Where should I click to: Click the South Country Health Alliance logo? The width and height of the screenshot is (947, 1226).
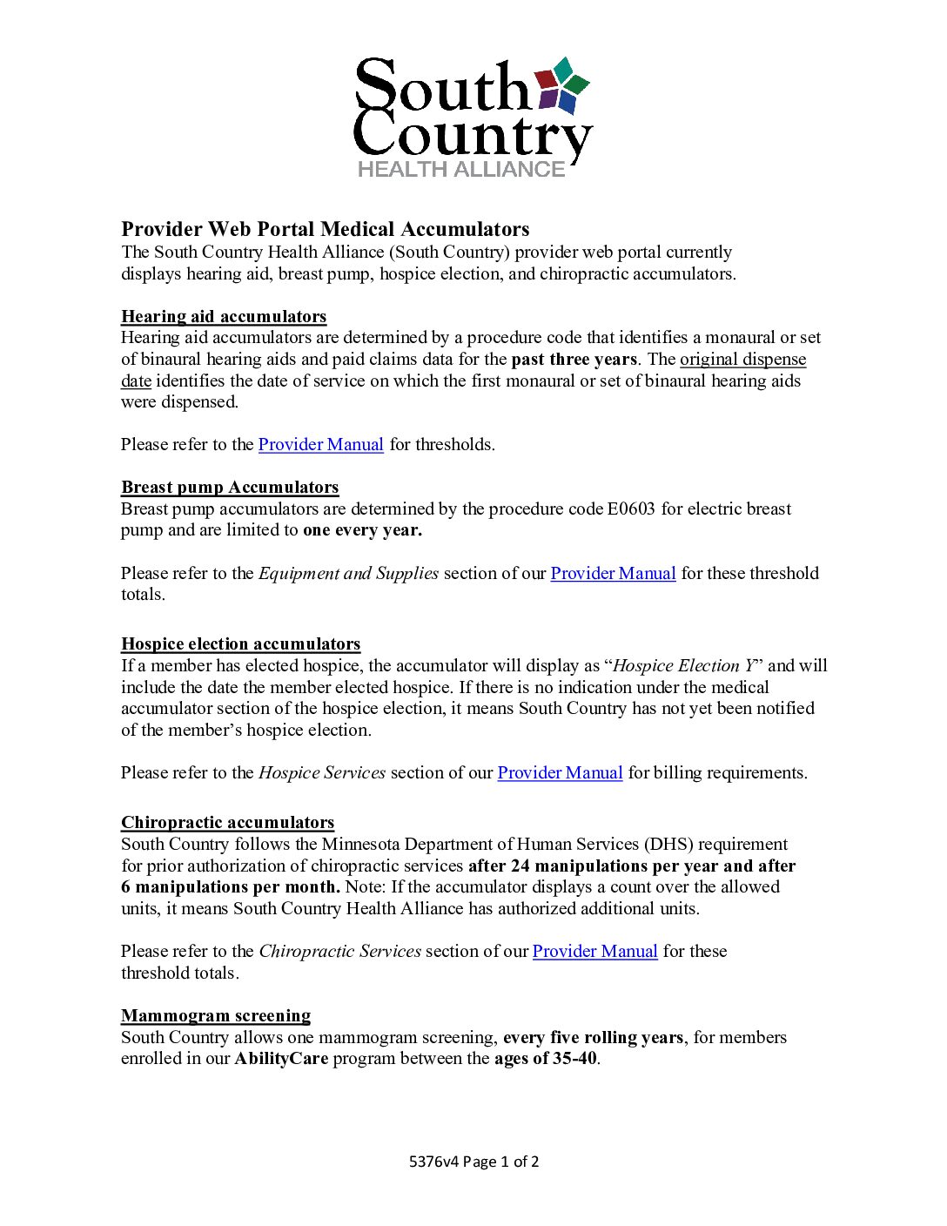tap(473, 118)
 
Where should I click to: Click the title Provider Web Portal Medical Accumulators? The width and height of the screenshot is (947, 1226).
tap(325, 229)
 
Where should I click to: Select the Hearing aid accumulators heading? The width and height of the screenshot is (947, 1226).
tap(224, 316)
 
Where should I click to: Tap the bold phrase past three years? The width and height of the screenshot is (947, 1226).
tap(574, 359)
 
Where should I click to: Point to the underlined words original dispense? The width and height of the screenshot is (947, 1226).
tap(742, 359)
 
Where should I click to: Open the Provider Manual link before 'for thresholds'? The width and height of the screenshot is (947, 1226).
tap(320, 444)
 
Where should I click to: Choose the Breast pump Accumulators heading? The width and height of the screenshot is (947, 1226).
tap(230, 487)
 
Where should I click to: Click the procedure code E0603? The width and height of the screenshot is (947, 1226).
tap(631, 509)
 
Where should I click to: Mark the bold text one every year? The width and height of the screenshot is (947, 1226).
tap(362, 529)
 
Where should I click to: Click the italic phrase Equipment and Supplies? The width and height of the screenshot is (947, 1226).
tap(348, 573)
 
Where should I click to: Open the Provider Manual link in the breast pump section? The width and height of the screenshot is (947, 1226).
tap(613, 573)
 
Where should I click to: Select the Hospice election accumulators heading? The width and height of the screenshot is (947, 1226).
tap(240, 643)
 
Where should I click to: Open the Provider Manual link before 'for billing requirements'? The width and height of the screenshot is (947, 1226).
tap(560, 772)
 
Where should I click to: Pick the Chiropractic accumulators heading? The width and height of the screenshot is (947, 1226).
tap(227, 822)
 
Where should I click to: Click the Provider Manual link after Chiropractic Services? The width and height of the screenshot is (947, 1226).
tap(594, 951)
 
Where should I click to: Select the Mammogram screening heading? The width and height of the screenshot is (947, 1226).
tap(216, 1015)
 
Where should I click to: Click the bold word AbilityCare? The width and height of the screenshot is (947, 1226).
tap(281, 1058)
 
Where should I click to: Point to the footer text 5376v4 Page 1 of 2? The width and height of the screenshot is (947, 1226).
tap(473, 1161)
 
